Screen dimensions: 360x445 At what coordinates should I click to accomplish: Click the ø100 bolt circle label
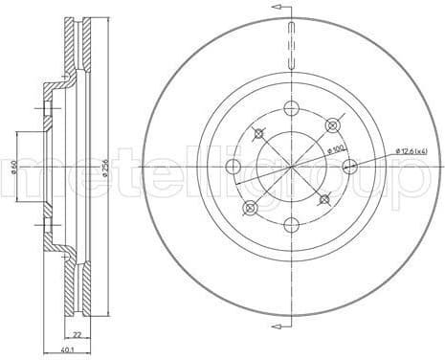337,148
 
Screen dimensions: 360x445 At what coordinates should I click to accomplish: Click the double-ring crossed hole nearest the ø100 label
333,124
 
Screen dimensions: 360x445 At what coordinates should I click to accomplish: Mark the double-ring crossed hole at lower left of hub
251,208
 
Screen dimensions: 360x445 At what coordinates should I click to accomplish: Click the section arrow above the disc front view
279,10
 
